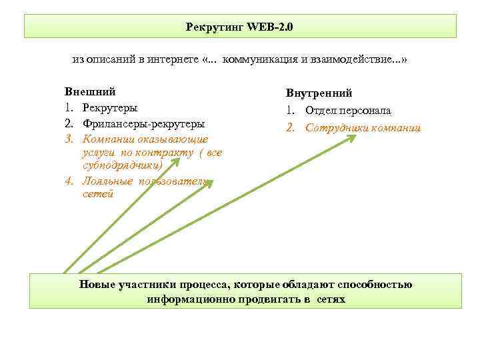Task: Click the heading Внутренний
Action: pyautogui.click(x=319, y=93)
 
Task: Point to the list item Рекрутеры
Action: pyautogui.click(x=110, y=107)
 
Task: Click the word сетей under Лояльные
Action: pyautogui.click(x=98, y=194)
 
